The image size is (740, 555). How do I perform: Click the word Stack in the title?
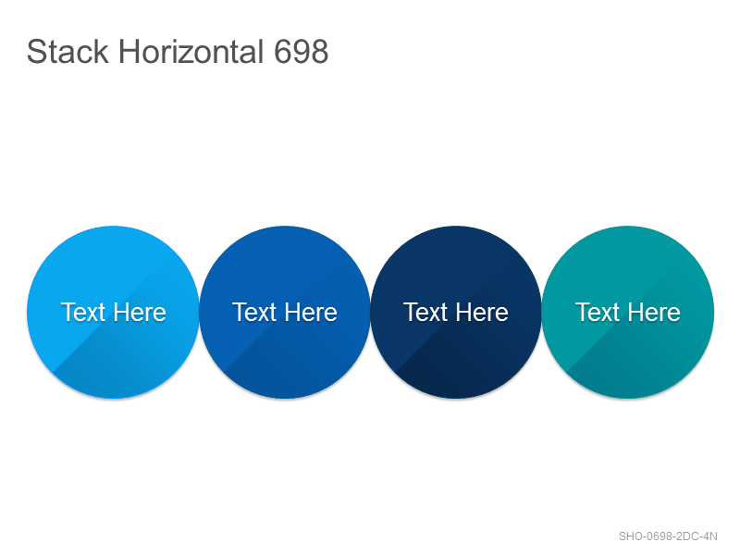[x=68, y=52]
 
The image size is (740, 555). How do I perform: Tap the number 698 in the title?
[x=302, y=52]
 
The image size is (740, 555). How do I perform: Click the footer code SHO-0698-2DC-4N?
[x=668, y=536]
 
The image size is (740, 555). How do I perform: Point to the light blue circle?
[x=113, y=312]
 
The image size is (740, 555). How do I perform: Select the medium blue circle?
[x=285, y=312]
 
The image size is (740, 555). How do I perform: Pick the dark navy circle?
[x=456, y=312]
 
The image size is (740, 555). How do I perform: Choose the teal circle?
[x=628, y=312]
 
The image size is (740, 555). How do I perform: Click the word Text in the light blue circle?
[x=83, y=312]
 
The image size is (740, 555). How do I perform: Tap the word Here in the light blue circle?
[x=140, y=312]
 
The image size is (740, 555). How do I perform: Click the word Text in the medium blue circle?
[x=254, y=312]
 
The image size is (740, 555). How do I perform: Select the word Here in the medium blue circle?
[x=311, y=312]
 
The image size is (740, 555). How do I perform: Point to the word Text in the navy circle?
[x=425, y=312]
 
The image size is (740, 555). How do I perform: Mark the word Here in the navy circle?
[x=482, y=312]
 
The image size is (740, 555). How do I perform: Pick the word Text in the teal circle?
[x=598, y=312]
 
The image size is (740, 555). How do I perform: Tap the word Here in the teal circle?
[x=654, y=312]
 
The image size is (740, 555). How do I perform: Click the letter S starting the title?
[x=36, y=52]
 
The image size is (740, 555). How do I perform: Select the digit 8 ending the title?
[x=319, y=52]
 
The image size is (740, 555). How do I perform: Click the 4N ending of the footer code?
[x=710, y=536]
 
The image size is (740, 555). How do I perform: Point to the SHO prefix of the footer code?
[x=630, y=536]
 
